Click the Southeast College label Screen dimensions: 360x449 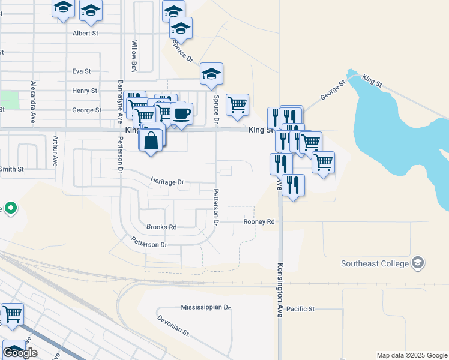pyautogui.click(x=375, y=263)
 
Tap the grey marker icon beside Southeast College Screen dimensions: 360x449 pyautogui.click(x=418, y=263)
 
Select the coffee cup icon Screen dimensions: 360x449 pyautogui.click(x=181, y=113)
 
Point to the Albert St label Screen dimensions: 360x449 pyautogui.click(x=85, y=34)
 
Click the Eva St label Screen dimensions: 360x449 pyautogui.click(x=81, y=71)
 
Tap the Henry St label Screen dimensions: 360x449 pyautogui.click(x=85, y=91)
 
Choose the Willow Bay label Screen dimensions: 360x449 pyautogui.click(x=134, y=55)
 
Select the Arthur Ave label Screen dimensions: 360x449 pyautogui.click(x=55, y=151)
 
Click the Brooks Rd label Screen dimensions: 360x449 pyautogui.click(x=161, y=227)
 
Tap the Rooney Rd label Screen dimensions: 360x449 pyautogui.click(x=259, y=222)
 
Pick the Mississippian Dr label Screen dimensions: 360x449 pyautogui.click(x=206, y=307)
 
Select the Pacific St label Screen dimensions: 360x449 pyautogui.click(x=300, y=309)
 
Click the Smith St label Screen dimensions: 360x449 pyautogui.click(x=12, y=169)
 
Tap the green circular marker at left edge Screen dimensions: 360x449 pyautogui.click(x=10, y=209)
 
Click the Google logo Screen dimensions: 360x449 pyautogui.click(x=20, y=353)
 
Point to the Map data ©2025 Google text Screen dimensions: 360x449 pyautogui.click(x=412, y=355)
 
